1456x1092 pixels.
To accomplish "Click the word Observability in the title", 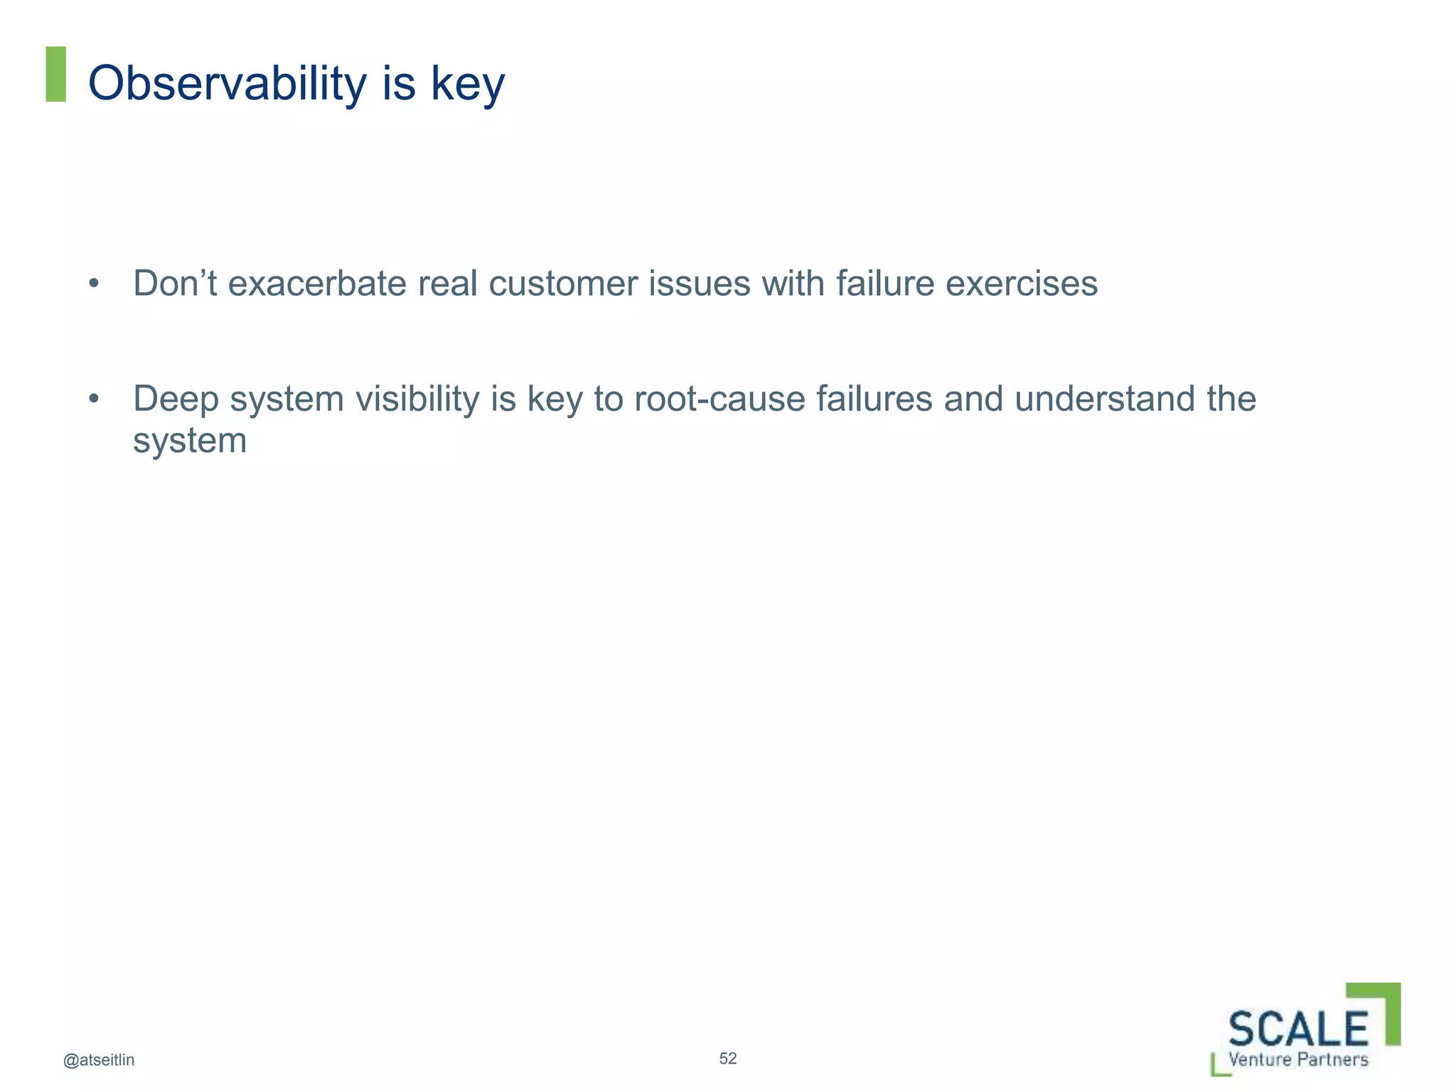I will tap(227, 83).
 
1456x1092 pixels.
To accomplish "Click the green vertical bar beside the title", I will tap(55, 74).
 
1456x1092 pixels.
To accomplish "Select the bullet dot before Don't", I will tap(94, 284).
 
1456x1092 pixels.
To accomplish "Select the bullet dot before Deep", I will tap(94, 400).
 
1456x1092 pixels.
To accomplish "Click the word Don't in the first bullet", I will tap(175, 283).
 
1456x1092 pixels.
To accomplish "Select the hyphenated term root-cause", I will tap(719, 399).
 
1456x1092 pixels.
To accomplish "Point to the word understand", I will tap(1104, 399).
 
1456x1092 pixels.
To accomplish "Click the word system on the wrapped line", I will tap(189, 441).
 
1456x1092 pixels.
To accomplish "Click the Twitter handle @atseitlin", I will tap(99, 1060).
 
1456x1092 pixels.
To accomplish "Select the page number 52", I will tap(727, 1059).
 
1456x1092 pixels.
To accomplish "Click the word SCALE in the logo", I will tap(1298, 1029).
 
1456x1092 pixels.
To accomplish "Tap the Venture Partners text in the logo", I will tap(1298, 1060).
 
